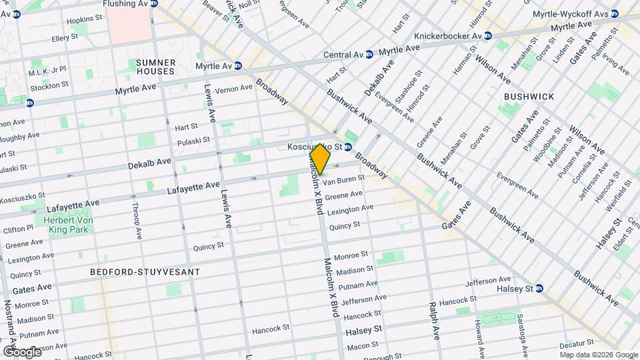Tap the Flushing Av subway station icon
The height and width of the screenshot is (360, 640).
(x=154, y=4)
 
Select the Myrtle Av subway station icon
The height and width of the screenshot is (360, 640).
(x=238, y=66)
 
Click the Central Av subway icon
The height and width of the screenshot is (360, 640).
(x=369, y=55)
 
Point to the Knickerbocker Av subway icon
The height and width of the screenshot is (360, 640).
(x=487, y=35)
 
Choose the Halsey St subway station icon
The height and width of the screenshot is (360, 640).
(x=540, y=289)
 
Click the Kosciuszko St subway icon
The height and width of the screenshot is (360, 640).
(x=348, y=147)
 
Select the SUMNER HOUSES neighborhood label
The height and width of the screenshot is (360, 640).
(x=155, y=67)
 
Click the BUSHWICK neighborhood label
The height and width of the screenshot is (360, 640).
(x=529, y=97)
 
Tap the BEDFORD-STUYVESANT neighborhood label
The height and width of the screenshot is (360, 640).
(x=145, y=272)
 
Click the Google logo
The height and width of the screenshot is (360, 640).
(x=22, y=351)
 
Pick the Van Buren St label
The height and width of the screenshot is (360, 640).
(x=343, y=180)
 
